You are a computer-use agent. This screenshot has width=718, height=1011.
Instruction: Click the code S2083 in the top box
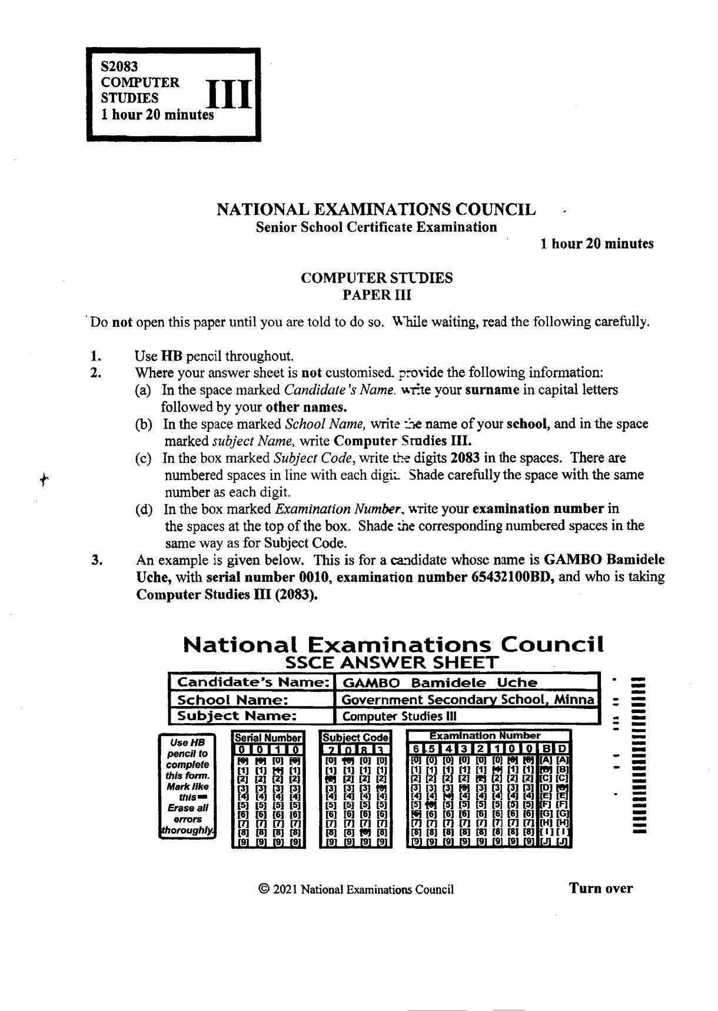tap(119, 67)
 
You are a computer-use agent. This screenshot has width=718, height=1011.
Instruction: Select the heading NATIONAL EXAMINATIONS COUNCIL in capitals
tap(376, 210)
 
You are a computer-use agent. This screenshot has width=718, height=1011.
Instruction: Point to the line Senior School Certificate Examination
tap(376, 227)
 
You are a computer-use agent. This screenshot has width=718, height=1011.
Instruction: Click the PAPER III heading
tap(377, 294)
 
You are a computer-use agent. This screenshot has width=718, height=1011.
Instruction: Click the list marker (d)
tap(144, 509)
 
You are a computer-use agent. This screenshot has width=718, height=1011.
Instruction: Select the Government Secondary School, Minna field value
tap(467, 700)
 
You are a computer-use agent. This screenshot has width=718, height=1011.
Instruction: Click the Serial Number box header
tap(268, 737)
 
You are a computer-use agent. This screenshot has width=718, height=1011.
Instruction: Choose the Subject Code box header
tap(355, 737)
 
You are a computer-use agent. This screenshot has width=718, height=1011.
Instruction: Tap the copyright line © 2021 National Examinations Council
tap(356, 889)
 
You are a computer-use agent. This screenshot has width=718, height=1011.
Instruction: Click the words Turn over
tap(600, 888)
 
